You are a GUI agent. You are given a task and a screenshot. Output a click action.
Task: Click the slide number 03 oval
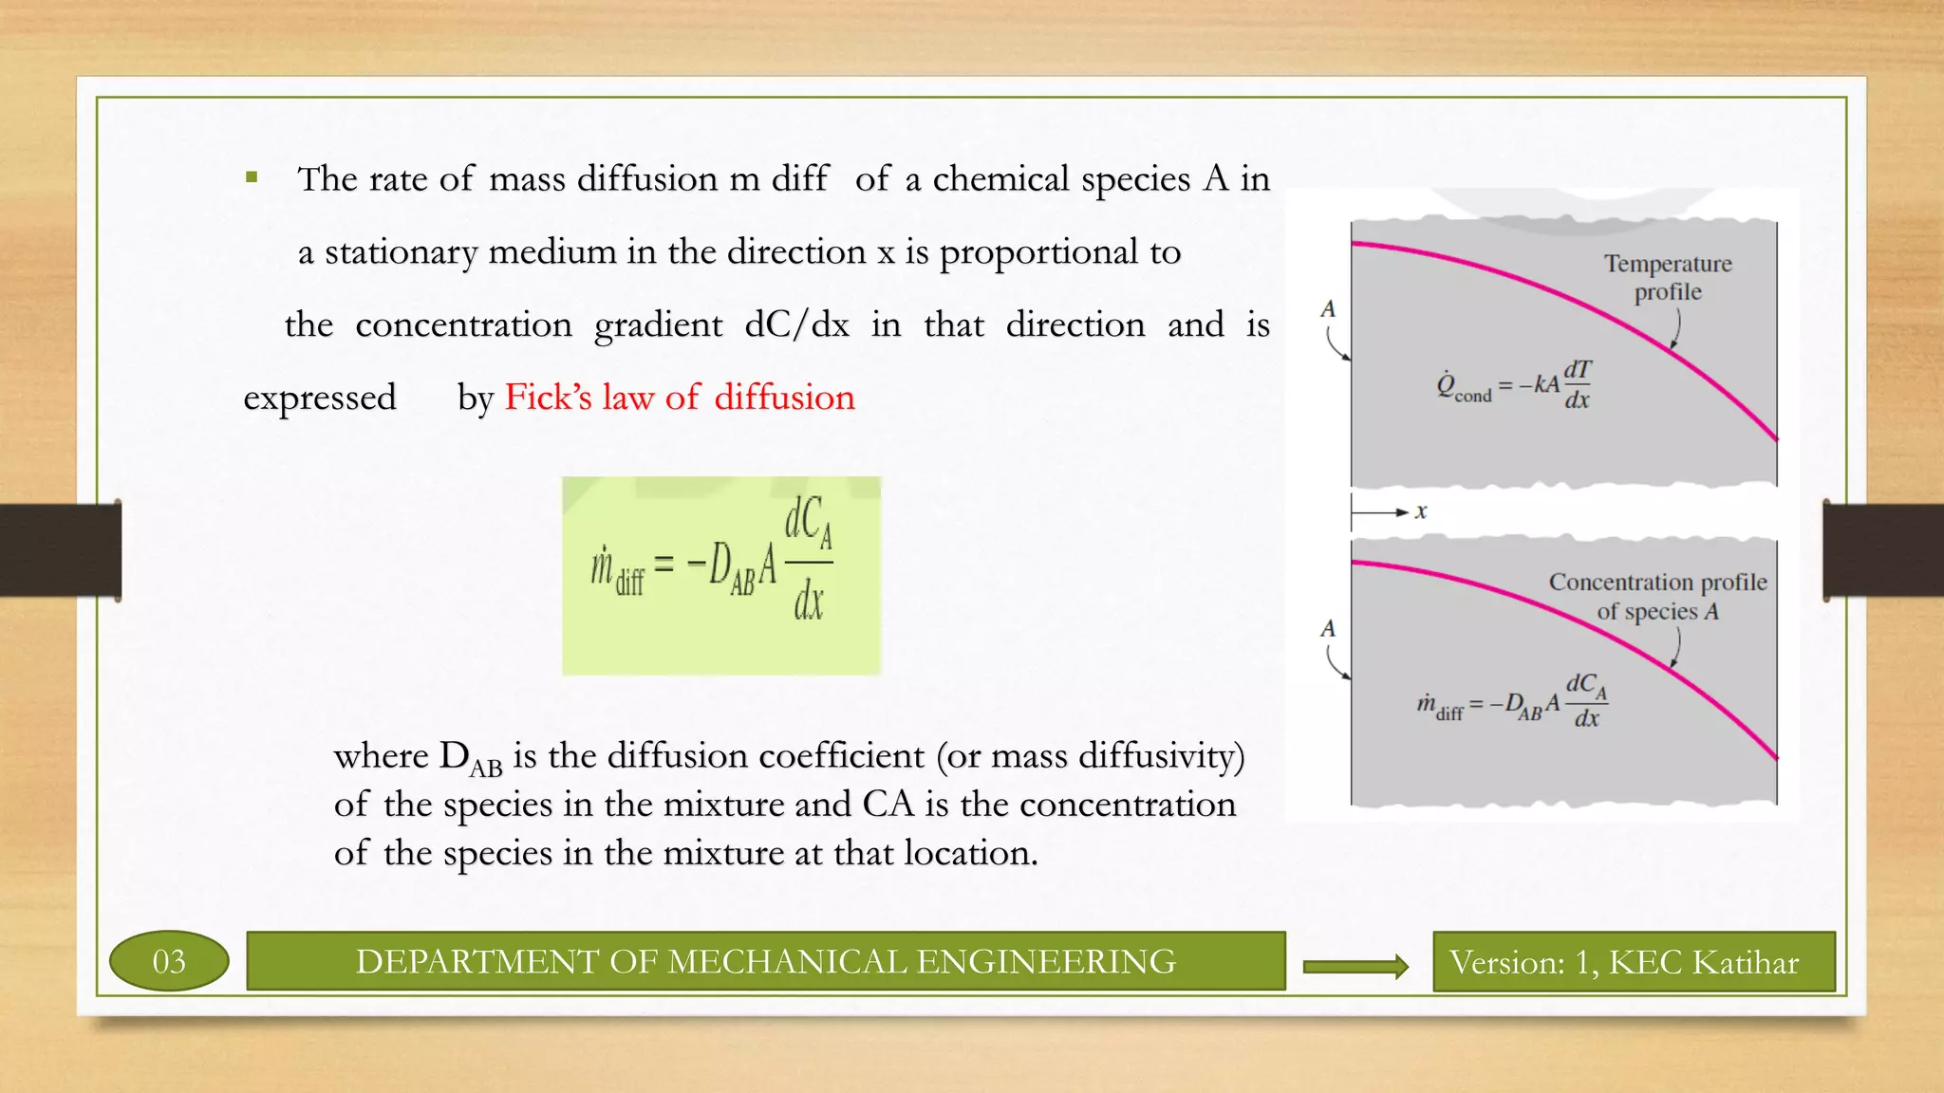169,961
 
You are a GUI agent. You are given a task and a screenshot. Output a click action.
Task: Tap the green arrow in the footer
1355,966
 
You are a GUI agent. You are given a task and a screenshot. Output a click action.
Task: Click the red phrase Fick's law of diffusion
680,398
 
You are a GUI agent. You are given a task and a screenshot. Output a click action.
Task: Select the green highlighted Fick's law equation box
721,576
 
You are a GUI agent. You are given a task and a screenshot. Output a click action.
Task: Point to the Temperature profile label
1668,277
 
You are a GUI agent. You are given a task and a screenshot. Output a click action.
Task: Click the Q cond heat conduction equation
1514,384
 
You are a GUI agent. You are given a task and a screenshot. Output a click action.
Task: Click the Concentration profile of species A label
1657,596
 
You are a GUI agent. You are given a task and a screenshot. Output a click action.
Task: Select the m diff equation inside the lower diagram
1512,702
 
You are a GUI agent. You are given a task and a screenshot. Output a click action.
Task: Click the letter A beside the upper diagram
1328,309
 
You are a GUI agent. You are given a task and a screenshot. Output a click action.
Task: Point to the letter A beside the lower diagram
1328,628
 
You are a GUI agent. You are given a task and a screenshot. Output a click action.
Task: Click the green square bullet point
252,176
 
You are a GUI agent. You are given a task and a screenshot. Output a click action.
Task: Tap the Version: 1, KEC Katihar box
1633,962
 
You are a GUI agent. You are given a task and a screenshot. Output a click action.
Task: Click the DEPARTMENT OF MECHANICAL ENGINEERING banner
765,962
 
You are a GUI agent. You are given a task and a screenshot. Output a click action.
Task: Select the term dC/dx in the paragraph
796,325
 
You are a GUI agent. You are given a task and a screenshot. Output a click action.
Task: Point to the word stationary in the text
401,252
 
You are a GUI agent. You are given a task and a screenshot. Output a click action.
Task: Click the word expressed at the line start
320,398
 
